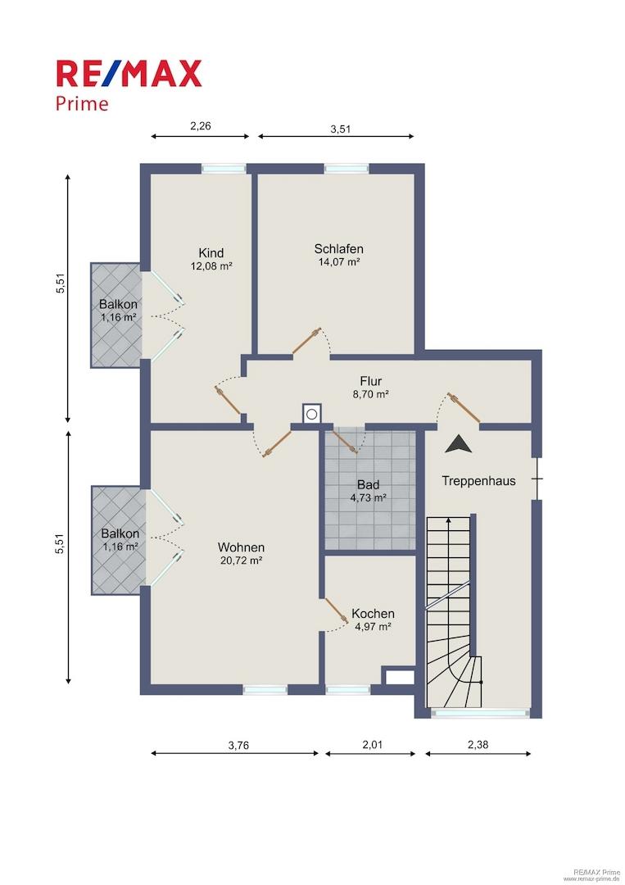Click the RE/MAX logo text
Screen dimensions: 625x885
pos(129,74)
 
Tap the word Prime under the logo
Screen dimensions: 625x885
pos(82,104)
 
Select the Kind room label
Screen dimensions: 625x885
pos(211,253)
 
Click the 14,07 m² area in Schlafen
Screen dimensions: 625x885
pos(338,262)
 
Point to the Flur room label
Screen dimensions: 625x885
pos(371,382)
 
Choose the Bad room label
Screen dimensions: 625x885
pos(369,485)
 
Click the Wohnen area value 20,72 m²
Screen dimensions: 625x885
pos(241,560)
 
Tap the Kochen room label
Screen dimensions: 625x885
pos(373,614)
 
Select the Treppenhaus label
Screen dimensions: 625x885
pos(478,481)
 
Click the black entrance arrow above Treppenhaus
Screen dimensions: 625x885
pos(458,443)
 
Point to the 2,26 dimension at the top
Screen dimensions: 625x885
pos(200,126)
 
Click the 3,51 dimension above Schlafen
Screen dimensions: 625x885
pos(340,129)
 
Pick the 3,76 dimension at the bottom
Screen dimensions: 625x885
pos(238,745)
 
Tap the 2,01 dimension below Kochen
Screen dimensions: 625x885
pos(372,744)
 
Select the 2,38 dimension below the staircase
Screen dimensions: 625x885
pos(478,744)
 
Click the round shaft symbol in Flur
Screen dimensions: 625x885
pos(311,414)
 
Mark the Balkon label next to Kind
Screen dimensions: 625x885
pos(118,304)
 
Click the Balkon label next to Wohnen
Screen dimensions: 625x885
pos(120,533)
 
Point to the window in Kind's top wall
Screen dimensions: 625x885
pos(224,168)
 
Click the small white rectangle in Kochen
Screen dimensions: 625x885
pos(401,678)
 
